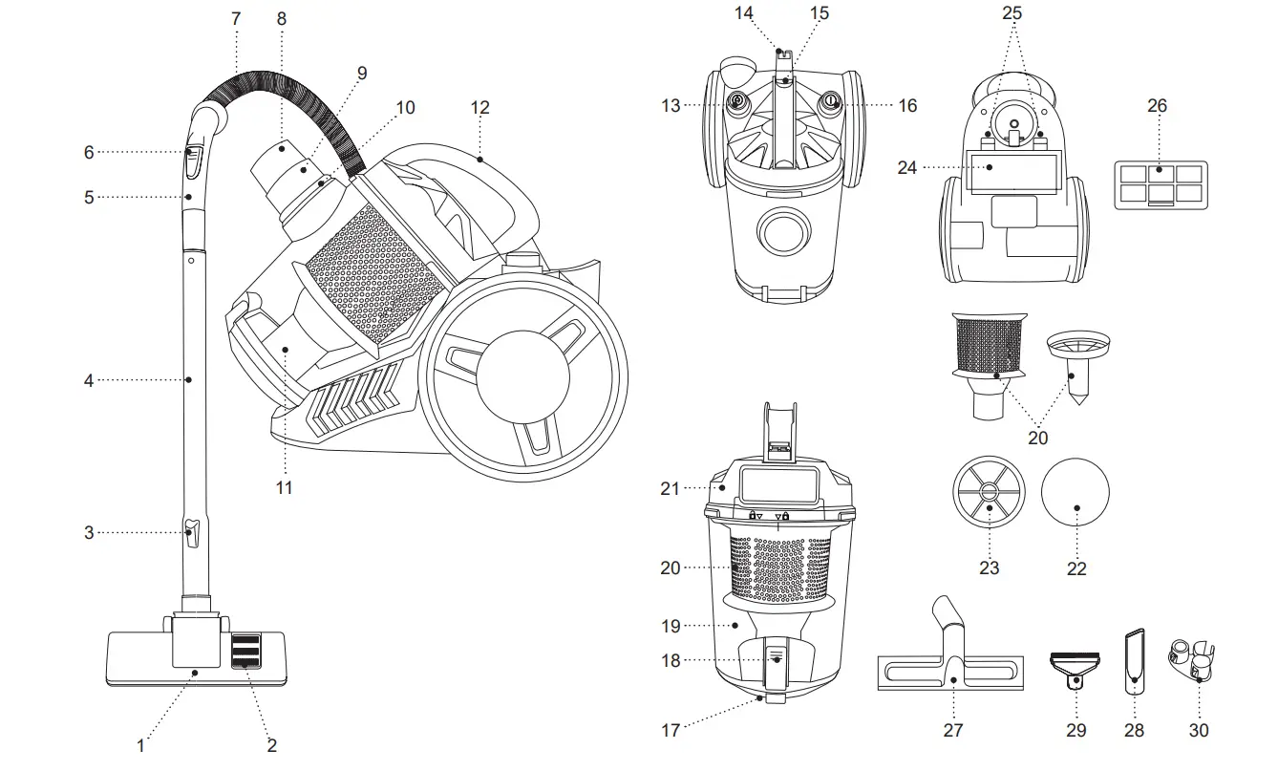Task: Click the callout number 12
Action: click(480, 108)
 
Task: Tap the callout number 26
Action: click(1157, 106)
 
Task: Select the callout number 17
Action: click(671, 730)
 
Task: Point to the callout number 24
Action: click(907, 167)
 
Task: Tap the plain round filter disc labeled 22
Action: click(1076, 494)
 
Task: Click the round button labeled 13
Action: click(736, 102)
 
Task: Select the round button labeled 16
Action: click(831, 102)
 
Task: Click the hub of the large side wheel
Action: click(522, 378)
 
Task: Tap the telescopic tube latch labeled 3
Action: click(191, 531)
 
